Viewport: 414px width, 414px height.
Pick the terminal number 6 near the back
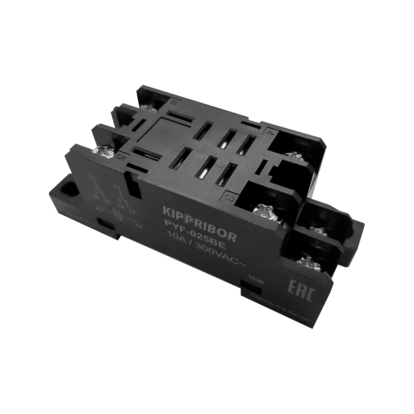173,102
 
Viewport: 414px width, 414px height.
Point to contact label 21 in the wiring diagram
92,178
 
